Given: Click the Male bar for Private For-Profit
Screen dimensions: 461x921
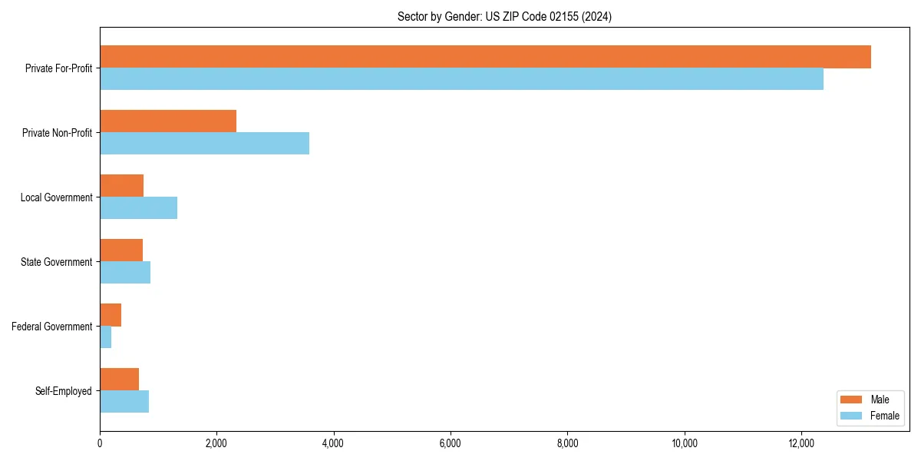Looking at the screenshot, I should click(x=485, y=57).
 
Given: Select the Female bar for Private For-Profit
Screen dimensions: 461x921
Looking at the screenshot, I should click(x=461, y=79).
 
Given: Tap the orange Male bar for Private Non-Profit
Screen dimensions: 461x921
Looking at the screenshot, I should click(x=168, y=121).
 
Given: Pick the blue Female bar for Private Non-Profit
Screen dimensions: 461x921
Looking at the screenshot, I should click(x=204, y=144).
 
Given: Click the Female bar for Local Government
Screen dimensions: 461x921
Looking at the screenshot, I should click(x=138, y=208).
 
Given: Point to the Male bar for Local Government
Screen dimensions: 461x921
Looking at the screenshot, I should click(x=121, y=186).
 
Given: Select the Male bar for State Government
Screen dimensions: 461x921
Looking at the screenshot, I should click(x=121, y=250).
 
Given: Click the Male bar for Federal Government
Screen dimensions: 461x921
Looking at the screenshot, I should click(x=111, y=315).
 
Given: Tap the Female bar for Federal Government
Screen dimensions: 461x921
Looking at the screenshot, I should click(x=106, y=337).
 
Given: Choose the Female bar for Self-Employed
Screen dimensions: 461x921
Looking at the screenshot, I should click(x=124, y=402).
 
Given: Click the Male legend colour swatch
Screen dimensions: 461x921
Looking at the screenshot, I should click(x=852, y=400).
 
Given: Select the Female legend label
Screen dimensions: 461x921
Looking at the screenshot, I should click(x=884, y=416).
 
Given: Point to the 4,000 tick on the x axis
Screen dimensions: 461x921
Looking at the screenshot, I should click(x=333, y=443).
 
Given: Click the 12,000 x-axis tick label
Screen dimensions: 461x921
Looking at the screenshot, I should click(x=801, y=443).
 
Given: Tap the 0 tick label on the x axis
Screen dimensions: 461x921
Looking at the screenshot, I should click(x=100, y=443).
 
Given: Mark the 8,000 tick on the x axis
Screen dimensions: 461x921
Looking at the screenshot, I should click(x=567, y=443).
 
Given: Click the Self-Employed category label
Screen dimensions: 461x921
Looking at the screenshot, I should click(x=64, y=391).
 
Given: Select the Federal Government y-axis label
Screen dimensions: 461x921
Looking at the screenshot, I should click(x=52, y=327).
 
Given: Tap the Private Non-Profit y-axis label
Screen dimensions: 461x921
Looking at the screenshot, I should click(x=57, y=133).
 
